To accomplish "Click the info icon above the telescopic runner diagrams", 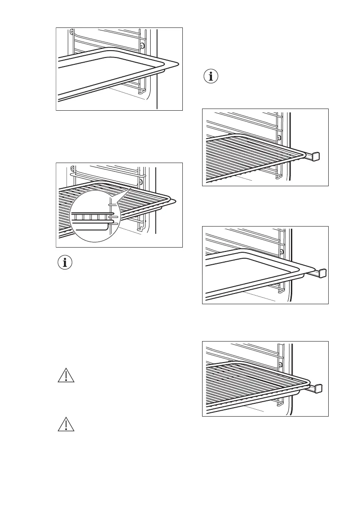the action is (210, 77).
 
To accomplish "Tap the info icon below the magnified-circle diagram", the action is (65, 263).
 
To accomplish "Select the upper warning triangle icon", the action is (65, 375).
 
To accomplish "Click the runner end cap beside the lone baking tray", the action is (322, 273).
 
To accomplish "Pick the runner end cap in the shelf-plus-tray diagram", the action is (318, 388).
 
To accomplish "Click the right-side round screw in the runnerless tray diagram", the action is (142, 45).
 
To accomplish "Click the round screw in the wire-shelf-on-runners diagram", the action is (279, 138).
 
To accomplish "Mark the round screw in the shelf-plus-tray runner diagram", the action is (280, 365).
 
